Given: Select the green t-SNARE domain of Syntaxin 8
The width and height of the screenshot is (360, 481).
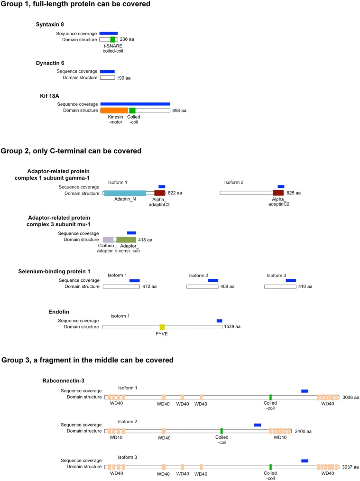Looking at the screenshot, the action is click(x=112, y=39).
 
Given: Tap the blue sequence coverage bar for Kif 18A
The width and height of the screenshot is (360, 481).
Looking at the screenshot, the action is click(x=135, y=103).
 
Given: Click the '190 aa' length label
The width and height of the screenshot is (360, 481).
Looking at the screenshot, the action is click(x=124, y=77).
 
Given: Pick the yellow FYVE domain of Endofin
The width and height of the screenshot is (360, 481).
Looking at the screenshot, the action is click(x=162, y=327).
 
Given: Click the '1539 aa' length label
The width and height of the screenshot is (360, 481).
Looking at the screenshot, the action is click(x=232, y=327).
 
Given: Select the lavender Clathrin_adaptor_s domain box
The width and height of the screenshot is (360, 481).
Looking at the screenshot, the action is click(x=108, y=240).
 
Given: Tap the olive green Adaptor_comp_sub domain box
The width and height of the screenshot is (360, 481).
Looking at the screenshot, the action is click(x=126, y=240).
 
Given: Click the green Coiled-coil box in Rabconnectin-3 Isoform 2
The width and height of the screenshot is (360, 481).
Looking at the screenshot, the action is click(x=222, y=431).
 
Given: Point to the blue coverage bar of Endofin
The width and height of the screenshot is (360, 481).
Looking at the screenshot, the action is click(x=219, y=321).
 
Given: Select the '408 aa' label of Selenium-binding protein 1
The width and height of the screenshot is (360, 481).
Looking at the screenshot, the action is click(x=229, y=287).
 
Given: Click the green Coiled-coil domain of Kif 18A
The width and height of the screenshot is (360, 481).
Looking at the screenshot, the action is click(x=132, y=111).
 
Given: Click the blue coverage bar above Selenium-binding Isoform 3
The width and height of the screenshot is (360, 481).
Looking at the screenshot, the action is click(x=291, y=280).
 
